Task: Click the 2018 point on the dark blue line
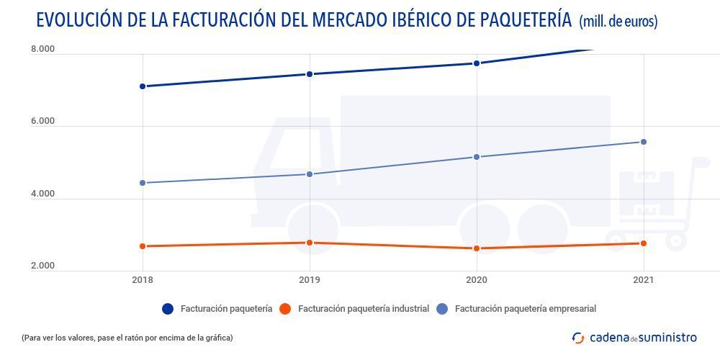pos(143,86)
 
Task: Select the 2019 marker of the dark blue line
pos(310,74)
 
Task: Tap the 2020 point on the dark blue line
pos(476,63)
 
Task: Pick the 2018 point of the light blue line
pos(143,183)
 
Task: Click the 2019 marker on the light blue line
pos(310,174)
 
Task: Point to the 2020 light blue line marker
pos(476,157)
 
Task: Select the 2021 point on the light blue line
pos(643,142)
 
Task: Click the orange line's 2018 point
pos(143,246)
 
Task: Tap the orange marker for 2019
pos(310,243)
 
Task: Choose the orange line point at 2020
pos(476,248)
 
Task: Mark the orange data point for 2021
pos(643,243)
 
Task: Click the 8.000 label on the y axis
pos(42,49)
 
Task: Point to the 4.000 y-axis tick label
pos(42,194)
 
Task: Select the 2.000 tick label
pos(42,266)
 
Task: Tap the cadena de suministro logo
pos(634,337)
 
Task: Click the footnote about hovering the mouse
pos(127,337)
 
